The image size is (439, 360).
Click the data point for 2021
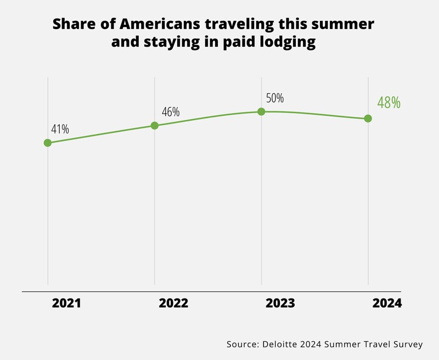tap(48, 143)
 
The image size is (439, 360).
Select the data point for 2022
tap(154, 125)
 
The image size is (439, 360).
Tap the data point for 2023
tap(261, 111)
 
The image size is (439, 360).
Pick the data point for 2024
tap(368, 119)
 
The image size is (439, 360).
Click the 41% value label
tap(60, 130)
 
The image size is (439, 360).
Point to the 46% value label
tap(171, 112)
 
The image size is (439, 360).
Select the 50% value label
tap(274, 99)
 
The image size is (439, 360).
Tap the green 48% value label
tap(389, 103)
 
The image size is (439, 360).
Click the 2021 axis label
tap(66, 303)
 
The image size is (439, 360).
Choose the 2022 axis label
tap(173, 303)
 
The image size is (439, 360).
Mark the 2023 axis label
tap(280, 303)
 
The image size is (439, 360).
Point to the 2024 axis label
tap(387, 303)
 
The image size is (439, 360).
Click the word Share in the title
tap(70, 25)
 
